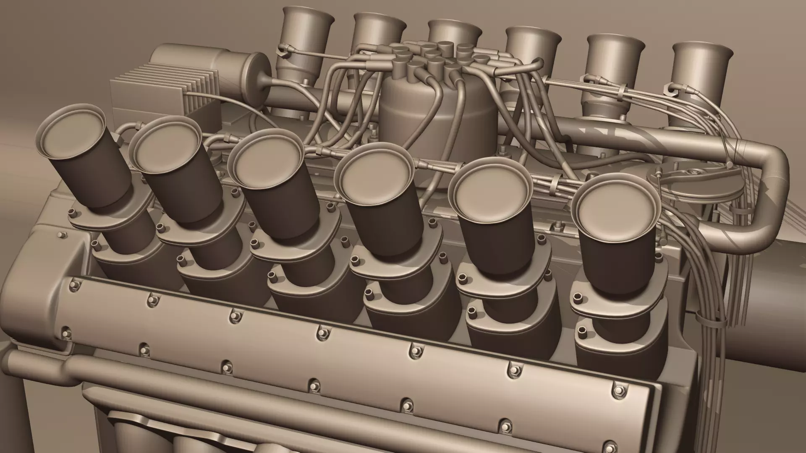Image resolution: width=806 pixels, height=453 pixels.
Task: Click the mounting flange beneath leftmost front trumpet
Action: pyautogui.click(x=111, y=216)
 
